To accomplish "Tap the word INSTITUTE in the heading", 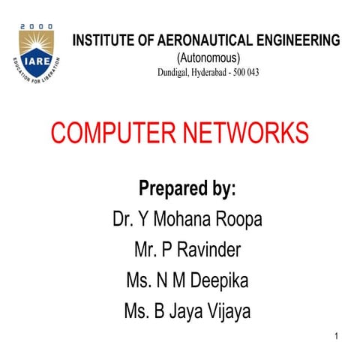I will [x=103, y=40].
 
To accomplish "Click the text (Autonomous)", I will [x=207, y=58].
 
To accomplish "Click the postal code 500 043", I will [x=267, y=73].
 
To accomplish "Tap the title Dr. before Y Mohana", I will [x=124, y=220].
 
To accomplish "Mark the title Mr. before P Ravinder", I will [x=147, y=250].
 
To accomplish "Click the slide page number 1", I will [x=337, y=340].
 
